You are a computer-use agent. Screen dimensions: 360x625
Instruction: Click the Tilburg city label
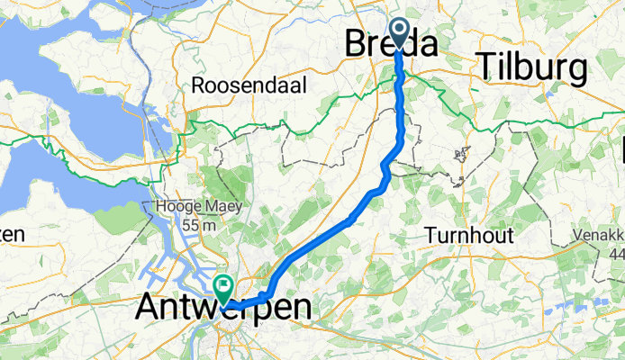click(x=532, y=67)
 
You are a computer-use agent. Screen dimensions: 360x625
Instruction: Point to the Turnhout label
click(x=468, y=236)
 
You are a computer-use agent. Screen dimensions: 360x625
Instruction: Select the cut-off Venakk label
click(x=599, y=237)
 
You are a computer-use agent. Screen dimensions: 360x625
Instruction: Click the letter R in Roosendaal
click(x=198, y=85)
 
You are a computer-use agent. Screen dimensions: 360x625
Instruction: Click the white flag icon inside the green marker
click(x=222, y=287)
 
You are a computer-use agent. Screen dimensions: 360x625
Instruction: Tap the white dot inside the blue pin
click(x=399, y=31)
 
